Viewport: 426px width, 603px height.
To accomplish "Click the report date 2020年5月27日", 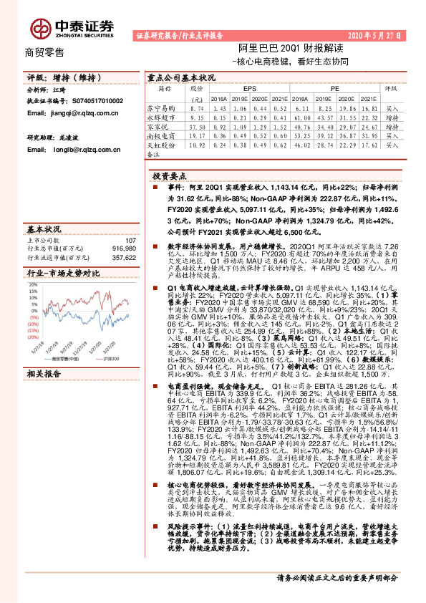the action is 373,34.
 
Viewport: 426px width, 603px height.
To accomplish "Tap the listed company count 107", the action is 130,239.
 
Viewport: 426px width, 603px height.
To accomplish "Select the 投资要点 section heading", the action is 170,175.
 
